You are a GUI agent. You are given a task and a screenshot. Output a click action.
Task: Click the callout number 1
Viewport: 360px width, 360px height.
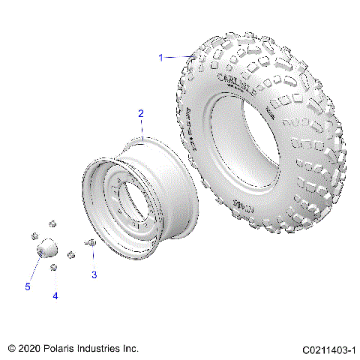[x=160, y=57]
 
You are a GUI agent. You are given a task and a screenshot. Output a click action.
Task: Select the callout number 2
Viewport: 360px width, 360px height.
[x=140, y=113]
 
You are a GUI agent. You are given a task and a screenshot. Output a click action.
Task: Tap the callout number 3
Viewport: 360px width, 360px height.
[x=94, y=275]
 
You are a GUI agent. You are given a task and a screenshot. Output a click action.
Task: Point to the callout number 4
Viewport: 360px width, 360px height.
[x=55, y=296]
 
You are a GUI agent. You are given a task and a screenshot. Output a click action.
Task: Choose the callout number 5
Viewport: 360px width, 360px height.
[x=28, y=286]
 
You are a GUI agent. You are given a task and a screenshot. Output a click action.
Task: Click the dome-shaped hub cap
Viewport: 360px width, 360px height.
[x=47, y=247]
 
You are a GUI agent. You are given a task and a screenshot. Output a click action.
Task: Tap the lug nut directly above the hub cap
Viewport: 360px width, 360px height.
[x=52, y=223]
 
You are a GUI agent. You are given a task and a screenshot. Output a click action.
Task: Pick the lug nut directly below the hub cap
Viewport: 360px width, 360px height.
[x=53, y=268]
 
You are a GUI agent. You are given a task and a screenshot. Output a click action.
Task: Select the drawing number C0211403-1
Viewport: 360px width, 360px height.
[x=328, y=350]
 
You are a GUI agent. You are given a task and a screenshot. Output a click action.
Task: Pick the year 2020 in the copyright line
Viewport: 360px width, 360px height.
[x=30, y=349]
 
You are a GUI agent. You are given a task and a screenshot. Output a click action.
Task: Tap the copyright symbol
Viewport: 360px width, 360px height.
[x=11, y=349]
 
